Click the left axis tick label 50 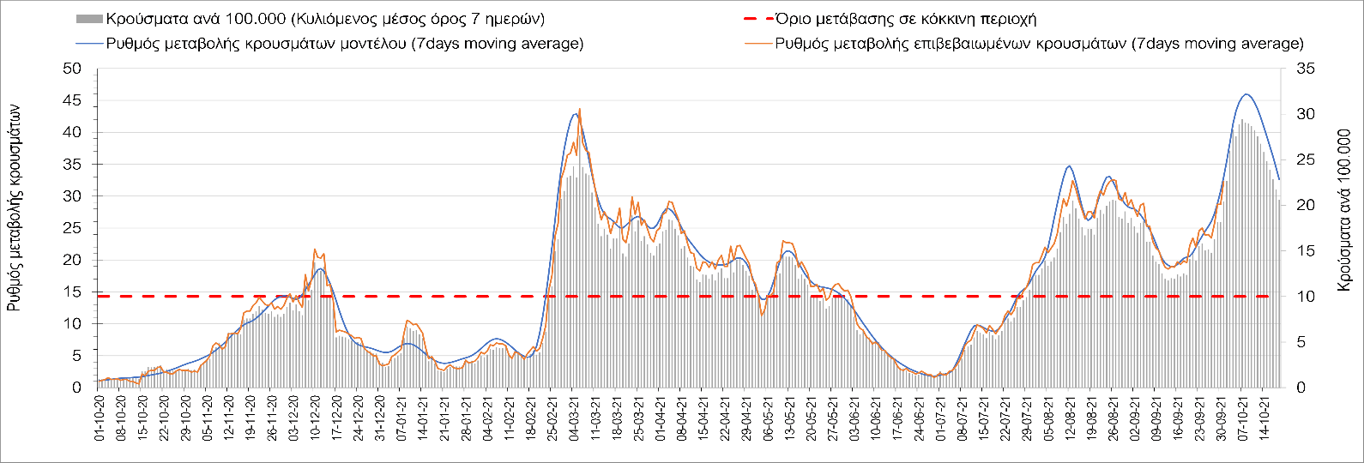(72, 69)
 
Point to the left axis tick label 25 (72, 196)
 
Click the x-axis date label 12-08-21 (1071, 418)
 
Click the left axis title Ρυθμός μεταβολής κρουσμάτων (15, 208)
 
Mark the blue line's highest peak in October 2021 (1246, 94)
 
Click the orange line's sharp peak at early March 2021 (580, 109)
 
